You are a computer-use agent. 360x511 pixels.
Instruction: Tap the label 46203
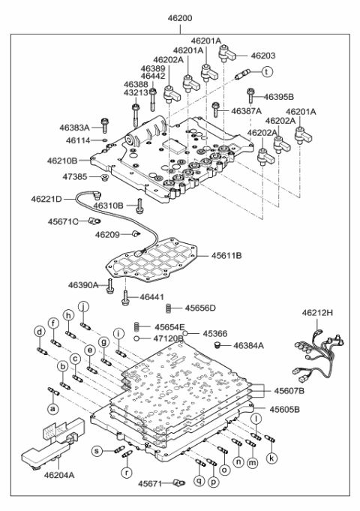coord(264,56)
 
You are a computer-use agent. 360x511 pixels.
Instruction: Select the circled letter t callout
coord(266,72)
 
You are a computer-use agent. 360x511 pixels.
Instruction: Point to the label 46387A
coord(246,111)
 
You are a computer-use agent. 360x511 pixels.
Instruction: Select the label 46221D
coord(46,199)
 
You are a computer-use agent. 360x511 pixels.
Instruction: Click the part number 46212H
coord(319,312)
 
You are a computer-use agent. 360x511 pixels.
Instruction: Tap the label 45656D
coord(200,308)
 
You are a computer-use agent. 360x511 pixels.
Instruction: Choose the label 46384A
coord(249,346)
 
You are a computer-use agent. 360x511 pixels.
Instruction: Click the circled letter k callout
coord(271,457)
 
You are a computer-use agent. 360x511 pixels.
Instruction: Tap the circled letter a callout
coord(52,409)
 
